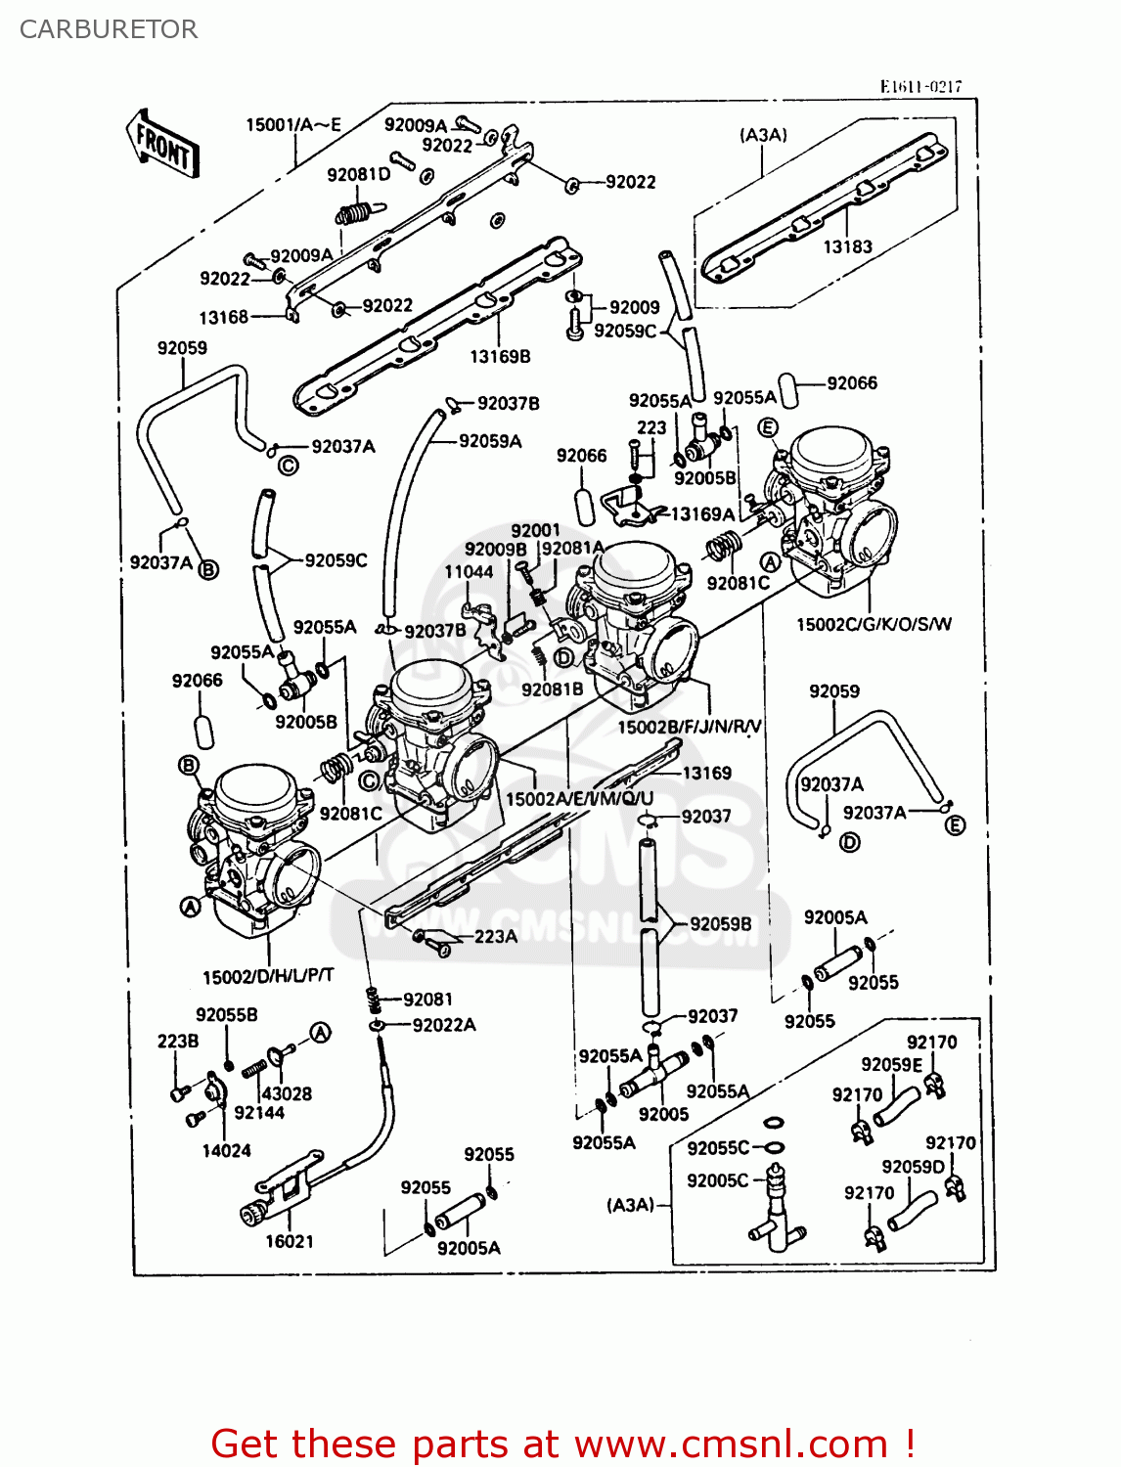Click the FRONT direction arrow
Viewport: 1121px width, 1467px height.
tap(162, 145)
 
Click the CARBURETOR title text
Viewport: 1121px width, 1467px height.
tap(109, 29)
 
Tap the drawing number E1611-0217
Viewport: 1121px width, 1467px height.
tap(919, 86)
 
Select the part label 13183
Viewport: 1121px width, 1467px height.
tap(847, 247)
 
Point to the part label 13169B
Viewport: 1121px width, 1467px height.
tap(500, 357)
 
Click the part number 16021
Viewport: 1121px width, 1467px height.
tap(290, 1241)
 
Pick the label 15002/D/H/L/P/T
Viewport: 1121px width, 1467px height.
tap(268, 976)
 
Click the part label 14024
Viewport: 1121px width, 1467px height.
tap(226, 1151)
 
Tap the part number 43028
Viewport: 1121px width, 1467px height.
tap(287, 1093)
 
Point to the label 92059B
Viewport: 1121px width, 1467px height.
tap(721, 924)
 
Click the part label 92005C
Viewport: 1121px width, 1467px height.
tap(717, 1180)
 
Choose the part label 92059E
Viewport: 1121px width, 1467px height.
tap(891, 1064)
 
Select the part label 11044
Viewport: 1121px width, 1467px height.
tap(469, 572)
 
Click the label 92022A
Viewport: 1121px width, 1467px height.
tap(444, 1025)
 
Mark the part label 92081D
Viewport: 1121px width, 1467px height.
tap(358, 175)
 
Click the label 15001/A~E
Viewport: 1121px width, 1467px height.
tap(292, 124)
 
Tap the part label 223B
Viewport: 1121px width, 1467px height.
tap(178, 1042)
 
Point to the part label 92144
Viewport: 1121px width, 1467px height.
tap(259, 1112)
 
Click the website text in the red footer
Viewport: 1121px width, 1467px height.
tap(731, 1445)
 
